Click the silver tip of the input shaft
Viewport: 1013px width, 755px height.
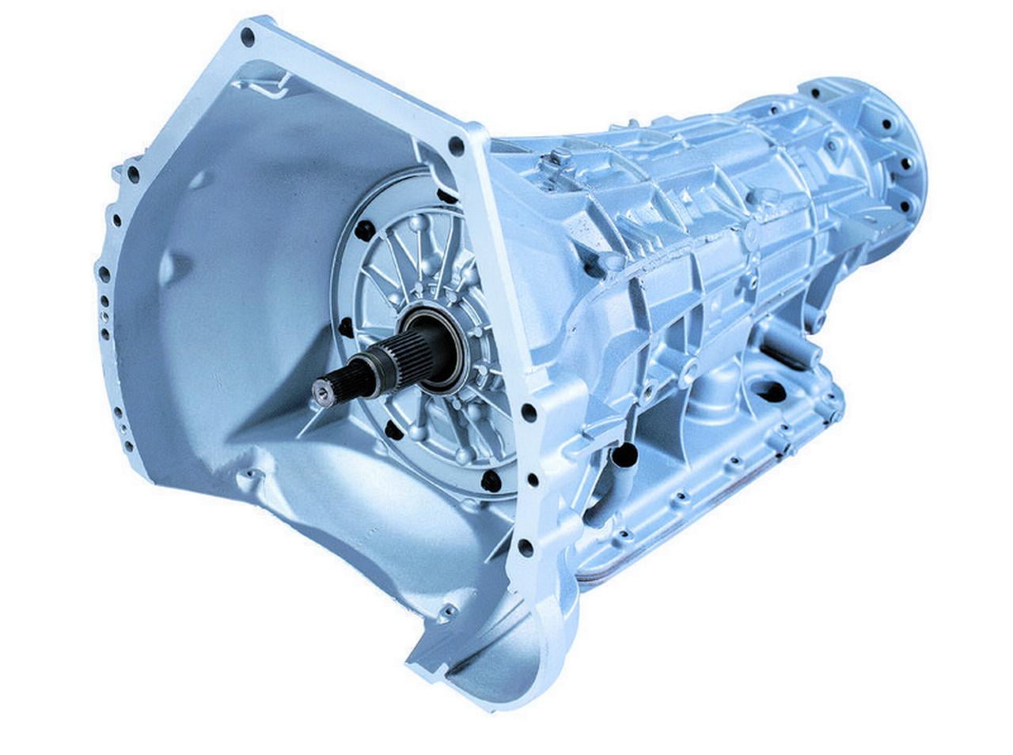point(321,388)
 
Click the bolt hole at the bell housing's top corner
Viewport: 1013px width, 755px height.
point(249,35)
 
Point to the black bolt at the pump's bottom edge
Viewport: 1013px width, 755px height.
point(491,479)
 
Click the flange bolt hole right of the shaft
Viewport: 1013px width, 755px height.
point(529,412)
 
